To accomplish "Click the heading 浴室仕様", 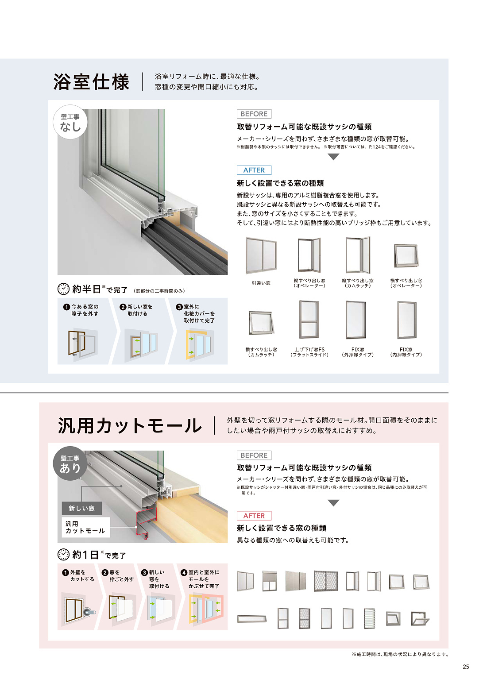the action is (92, 82).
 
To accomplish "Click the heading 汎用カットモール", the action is (130, 426).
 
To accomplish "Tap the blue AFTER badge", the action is (254, 170).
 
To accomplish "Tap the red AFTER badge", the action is (254, 516).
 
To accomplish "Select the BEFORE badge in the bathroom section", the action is (254, 114).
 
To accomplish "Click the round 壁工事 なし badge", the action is (70, 122).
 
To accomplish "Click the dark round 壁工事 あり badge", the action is (70, 463).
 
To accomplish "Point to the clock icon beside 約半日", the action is (63, 289).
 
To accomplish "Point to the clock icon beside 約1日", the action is (63, 554).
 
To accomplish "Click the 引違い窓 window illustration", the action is (261, 255).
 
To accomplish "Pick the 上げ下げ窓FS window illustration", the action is (309, 319).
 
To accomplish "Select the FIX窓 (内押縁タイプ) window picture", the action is (406, 320).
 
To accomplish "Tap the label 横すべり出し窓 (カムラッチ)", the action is (261, 352).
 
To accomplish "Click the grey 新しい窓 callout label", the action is (82, 508).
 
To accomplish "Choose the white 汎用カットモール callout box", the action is (86, 527).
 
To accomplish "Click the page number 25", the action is (466, 667).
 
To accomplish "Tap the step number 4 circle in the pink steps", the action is (184, 573).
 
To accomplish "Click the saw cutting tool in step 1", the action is (89, 611).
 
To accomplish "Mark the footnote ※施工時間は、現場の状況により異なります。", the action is (400, 654).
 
